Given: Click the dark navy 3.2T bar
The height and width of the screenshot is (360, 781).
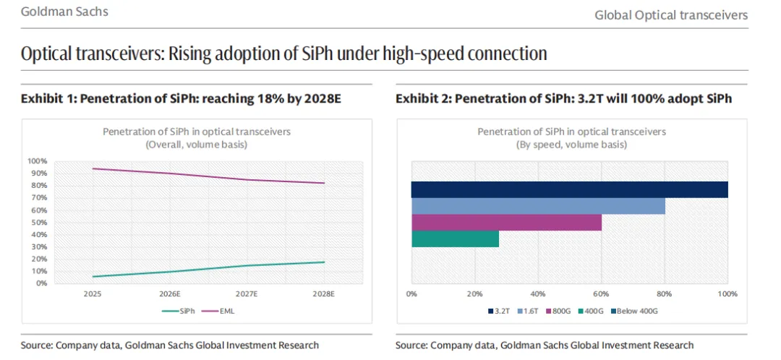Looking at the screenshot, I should click(569, 189).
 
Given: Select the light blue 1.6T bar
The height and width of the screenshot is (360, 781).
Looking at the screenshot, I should click(538, 206).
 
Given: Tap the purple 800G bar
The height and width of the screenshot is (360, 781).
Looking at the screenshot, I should click(506, 223).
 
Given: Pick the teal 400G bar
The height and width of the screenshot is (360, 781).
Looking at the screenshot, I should click(455, 239).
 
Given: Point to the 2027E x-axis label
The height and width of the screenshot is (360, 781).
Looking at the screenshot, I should click(247, 294).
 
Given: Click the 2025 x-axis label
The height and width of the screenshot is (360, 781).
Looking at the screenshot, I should click(93, 294).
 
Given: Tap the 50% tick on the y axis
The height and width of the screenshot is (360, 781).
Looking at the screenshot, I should click(38, 222).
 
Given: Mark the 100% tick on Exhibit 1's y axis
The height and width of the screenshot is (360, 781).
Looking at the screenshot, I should click(37, 161).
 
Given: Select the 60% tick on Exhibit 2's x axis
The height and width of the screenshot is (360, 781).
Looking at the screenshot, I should click(601, 294).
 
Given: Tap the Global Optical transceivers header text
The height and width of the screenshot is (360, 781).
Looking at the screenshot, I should click(671, 14).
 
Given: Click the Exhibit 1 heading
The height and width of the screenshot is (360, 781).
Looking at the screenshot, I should click(181, 98).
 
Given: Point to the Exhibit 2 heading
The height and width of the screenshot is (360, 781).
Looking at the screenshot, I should click(563, 98).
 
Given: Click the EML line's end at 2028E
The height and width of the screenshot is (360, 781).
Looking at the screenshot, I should click(324, 183).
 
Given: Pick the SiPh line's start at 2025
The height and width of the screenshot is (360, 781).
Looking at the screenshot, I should click(93, 276).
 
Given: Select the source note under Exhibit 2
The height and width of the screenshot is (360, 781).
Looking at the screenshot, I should click(545, 345).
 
